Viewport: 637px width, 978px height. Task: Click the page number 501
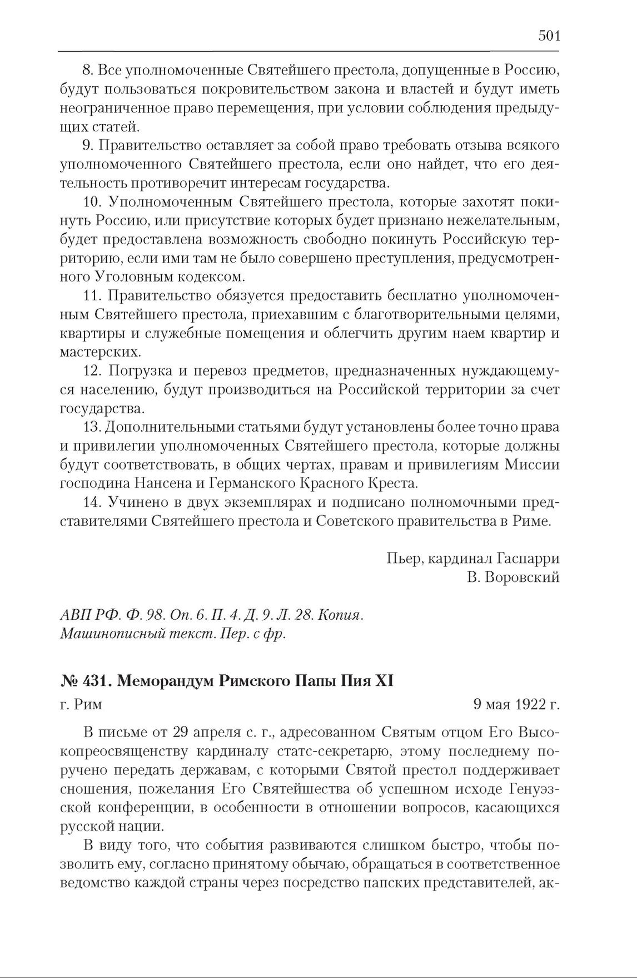point(549,36)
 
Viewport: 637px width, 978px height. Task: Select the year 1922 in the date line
point(527,705)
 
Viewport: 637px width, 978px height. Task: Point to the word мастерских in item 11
point(91,352)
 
